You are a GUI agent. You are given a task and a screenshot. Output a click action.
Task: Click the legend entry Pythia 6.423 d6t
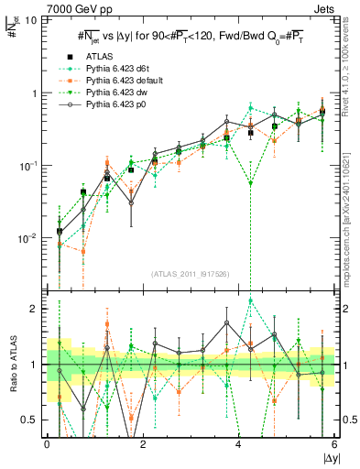[x=110, y=69]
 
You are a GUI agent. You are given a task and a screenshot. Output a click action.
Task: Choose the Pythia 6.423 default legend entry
[x=115, y=81]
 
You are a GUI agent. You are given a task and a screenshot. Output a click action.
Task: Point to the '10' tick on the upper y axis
[x=30, y=20]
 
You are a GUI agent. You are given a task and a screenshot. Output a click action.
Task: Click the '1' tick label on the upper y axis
[x=34, y=93]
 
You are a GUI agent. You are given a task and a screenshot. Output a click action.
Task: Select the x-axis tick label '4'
[x=238, y=443]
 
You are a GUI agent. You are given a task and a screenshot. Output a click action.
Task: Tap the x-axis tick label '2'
[x=143, y=443]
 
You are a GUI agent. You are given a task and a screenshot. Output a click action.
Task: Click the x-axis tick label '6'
[x=333, y=443]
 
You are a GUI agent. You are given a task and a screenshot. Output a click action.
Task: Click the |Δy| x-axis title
[x=327, y=456]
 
